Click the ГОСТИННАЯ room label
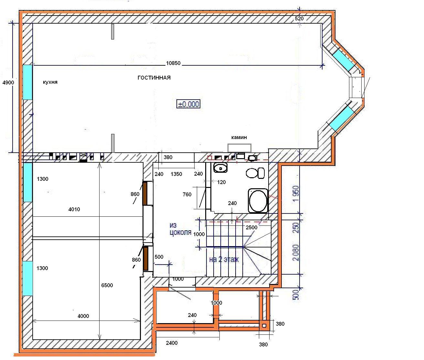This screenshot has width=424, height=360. (x=154, y=78)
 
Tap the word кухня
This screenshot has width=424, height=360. (x=50, y=82)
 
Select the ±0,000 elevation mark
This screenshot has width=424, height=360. (x=188, y=104)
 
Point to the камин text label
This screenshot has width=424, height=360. (x=239, y=137)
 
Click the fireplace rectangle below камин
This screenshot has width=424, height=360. (x=239, y=148)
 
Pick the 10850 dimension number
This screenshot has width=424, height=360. (x=173, y=63)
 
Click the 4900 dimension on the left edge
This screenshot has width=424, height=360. (x=8, y=82)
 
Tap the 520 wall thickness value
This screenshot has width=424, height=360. (x=299, y=18)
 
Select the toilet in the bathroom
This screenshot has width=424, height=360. (x=255, y=173)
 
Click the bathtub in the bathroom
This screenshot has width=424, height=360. (x=258, y=201)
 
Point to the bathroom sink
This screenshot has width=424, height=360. (x=220, y=168)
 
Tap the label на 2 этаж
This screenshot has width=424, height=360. (x=224, y=260)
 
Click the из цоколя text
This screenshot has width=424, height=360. (x=180, y=229)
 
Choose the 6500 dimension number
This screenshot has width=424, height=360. (x=107, y=285)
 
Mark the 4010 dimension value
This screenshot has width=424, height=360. (x=74, y=209)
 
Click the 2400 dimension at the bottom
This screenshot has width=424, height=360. (x=172, y=343)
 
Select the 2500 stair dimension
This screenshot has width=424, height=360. (x=251, y=227)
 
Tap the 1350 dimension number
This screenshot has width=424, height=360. (x=176, y=174)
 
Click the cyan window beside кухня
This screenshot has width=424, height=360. (x=27, y=82)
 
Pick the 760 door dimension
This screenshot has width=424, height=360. (x=187, y=194)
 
